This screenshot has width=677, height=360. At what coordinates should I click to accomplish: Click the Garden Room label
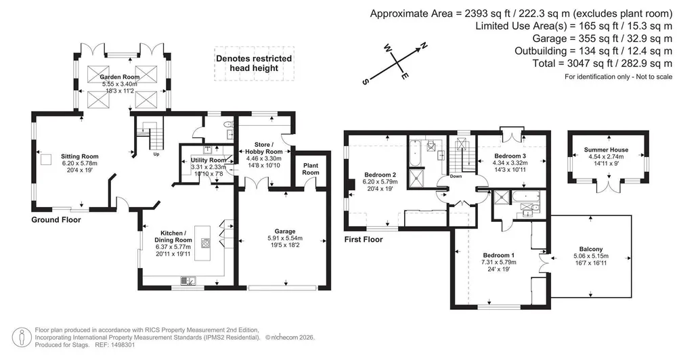120,77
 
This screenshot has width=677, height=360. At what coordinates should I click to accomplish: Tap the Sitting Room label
79,157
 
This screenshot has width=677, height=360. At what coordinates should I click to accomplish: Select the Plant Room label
311,168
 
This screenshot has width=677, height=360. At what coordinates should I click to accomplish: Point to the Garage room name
285,231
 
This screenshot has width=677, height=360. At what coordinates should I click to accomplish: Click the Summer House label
606,150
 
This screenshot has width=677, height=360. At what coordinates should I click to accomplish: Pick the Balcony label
590,249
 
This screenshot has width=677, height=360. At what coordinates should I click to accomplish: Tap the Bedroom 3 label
510,156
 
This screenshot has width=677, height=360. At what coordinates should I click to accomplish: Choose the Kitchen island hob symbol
205,242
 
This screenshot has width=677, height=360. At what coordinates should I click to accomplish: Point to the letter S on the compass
365,81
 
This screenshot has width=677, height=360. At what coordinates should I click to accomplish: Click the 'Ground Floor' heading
56,220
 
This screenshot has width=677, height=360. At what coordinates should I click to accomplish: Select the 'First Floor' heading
364,240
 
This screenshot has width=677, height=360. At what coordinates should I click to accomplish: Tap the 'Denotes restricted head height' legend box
254,64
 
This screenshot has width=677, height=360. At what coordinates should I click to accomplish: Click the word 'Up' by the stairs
156,154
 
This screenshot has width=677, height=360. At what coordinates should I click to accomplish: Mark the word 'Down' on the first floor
456,176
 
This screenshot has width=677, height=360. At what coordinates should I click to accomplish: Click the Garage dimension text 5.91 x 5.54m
285,238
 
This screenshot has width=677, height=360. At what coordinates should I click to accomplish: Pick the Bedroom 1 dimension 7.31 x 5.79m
499,262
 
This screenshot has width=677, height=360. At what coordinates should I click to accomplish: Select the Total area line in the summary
603,64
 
